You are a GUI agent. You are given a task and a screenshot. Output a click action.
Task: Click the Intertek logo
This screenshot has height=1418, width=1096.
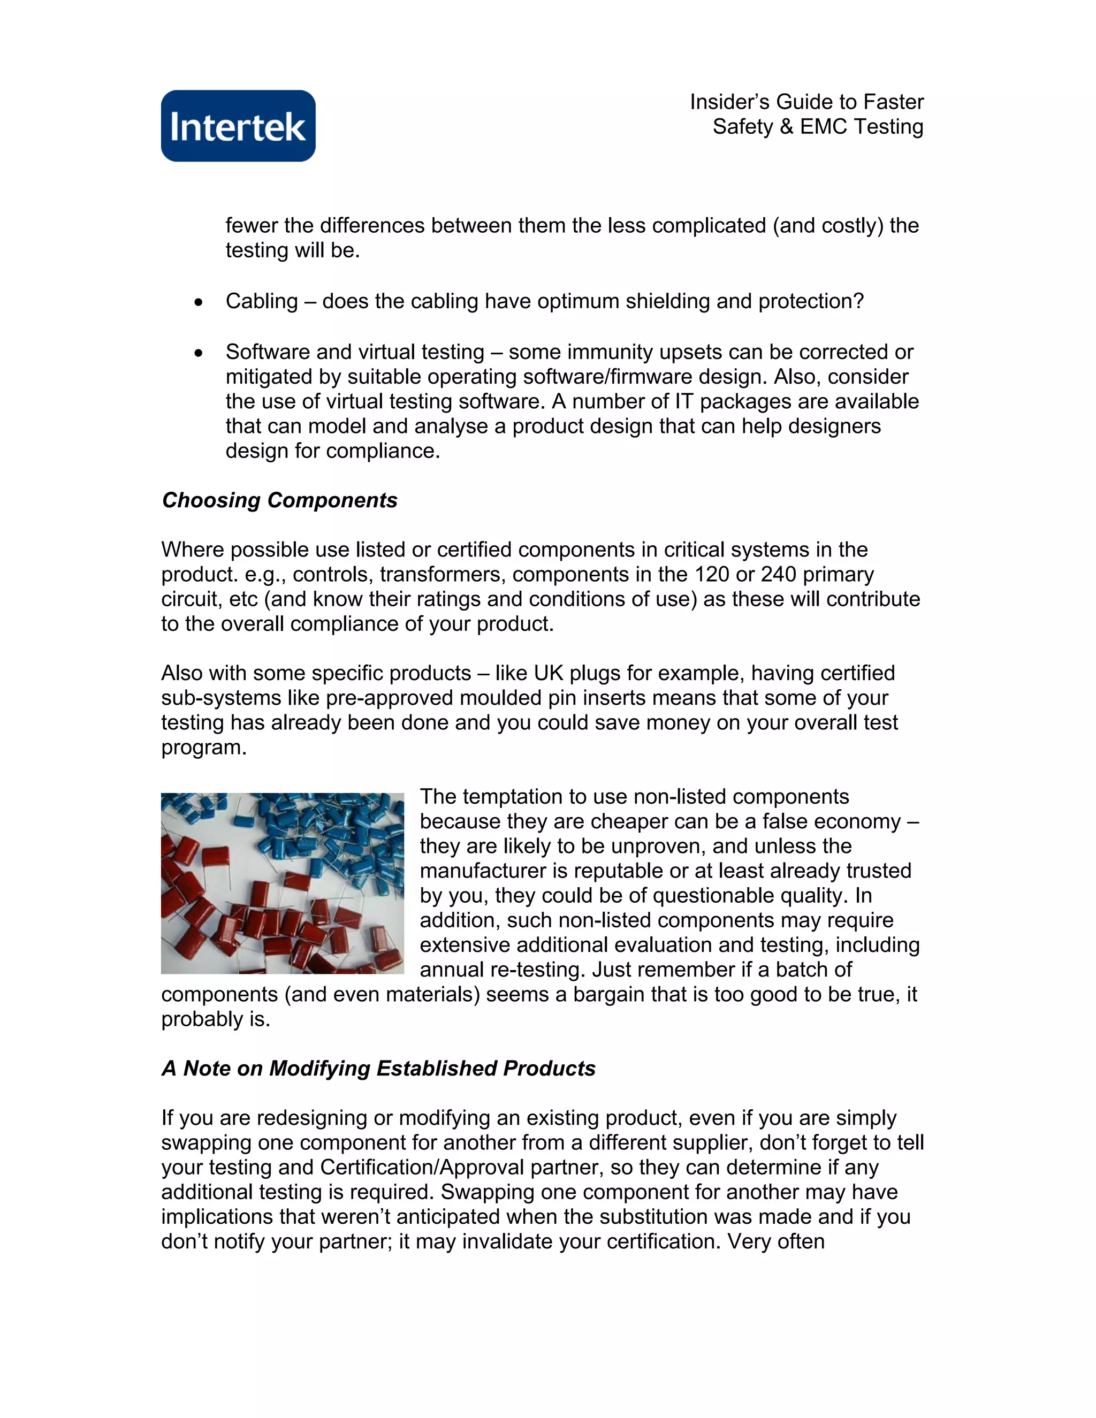tap(238, 126)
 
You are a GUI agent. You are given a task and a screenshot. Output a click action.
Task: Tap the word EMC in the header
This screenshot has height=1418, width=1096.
tap(823, 127)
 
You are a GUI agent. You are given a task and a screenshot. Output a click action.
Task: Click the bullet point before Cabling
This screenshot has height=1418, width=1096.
tap(199, 302)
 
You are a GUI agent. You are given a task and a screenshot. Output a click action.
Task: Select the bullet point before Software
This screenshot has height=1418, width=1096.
tap(199, 353)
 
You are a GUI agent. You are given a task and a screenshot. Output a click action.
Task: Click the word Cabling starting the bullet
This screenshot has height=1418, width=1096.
tap(261, 301)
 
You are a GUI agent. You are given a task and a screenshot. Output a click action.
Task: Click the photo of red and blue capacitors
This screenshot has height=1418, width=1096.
tap(283, 883)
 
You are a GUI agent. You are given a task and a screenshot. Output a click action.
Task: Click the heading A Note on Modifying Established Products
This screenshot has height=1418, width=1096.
tap(378, 1068)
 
